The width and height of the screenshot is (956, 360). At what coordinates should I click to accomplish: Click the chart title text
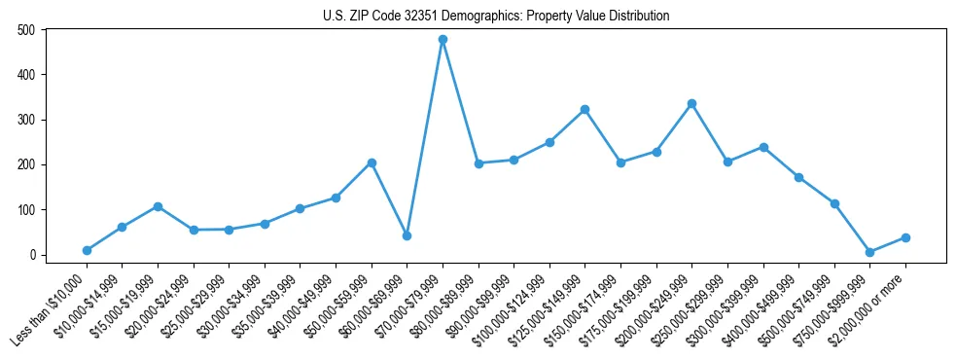click(496, 16)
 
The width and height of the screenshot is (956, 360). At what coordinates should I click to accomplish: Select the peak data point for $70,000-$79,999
click(443, 40)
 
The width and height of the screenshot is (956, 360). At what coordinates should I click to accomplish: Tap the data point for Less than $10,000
click(87, 250)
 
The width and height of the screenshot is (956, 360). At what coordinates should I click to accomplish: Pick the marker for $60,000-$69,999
click(407, 235)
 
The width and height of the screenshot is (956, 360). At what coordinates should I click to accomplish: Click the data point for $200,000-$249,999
click(691, 103)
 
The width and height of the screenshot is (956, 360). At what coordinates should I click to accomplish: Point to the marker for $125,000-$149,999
click(584, 109)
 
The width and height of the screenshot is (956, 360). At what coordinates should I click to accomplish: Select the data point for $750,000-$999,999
click(869, 252)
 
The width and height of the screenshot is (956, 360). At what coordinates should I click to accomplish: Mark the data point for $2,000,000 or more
click(905, 237)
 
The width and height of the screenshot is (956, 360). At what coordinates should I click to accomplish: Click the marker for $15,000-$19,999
click(158, 206)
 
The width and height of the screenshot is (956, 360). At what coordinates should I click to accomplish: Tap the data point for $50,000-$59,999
click(372, 162)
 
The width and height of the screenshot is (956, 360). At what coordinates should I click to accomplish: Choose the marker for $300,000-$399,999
click(763, 147)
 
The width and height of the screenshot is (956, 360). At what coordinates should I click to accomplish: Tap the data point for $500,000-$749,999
click(834, 204)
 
